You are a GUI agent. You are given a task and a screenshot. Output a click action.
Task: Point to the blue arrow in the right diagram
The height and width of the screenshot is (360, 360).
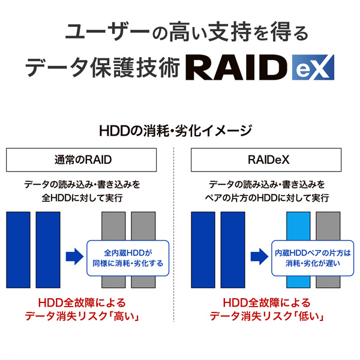point(259,257)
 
